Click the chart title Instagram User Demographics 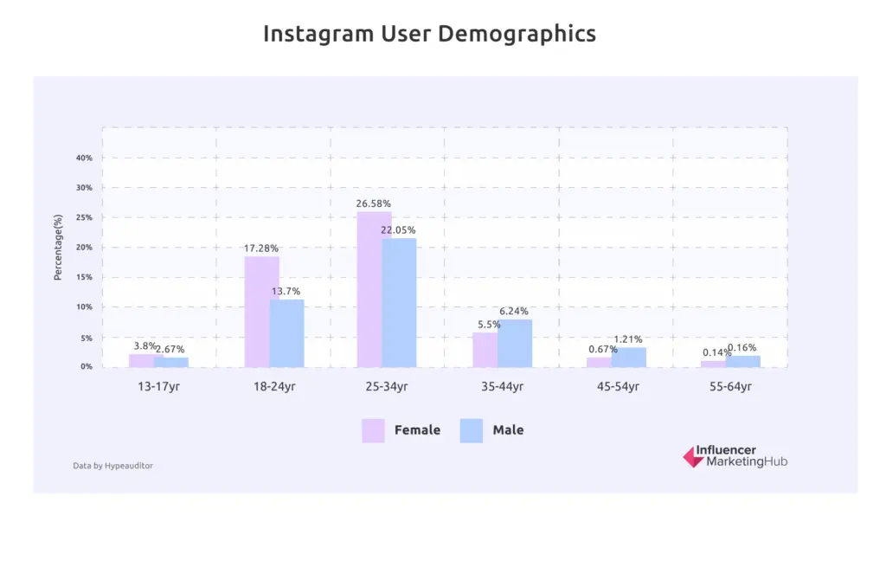[429, 34]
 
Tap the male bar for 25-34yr [399, 302]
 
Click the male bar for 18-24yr [286, 333]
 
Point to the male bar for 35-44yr [515, 343]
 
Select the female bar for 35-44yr [485, 350]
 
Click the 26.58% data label [373, 204]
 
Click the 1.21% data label [628, 339]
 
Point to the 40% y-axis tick [84, 158]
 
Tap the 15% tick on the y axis [84, 277]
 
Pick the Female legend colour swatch [373, 430]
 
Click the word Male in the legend [508, 429]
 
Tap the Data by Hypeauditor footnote [112, 466]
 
